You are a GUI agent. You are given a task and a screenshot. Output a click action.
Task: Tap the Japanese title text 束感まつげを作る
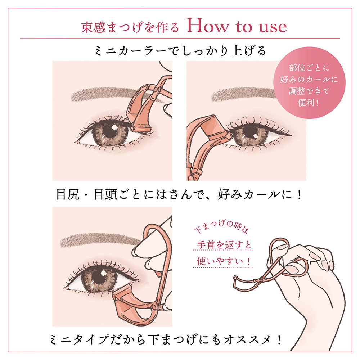130,28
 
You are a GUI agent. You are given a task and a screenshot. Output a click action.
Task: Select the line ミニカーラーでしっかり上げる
180,51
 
